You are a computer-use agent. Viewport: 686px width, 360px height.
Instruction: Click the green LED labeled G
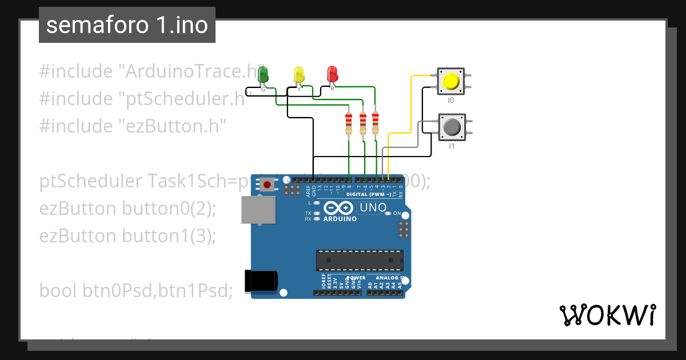coord(263,74)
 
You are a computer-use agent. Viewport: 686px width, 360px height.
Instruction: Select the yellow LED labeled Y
coord(298,75)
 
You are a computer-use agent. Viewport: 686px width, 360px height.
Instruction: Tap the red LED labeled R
coord(332,74)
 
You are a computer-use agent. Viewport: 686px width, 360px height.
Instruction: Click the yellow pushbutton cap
coord(450,81)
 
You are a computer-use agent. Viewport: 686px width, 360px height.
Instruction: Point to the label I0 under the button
coord(450,101)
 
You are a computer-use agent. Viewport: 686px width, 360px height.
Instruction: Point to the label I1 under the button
coord(451,146)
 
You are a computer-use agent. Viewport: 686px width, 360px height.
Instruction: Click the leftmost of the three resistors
coord(349,123)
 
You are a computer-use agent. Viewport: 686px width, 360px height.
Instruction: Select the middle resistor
coord(362,123)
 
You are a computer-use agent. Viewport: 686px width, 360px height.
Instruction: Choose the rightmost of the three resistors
coord(375,123)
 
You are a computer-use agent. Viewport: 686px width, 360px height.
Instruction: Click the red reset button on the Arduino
coord(266,184)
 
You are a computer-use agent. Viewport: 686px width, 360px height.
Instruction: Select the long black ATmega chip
coord(360,260)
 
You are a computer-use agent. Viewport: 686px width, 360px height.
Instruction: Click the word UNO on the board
coord(373,208)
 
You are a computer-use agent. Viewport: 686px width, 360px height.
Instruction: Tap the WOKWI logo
coord(607,315)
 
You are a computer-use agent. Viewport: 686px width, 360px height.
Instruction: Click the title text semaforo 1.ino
coord(127,25)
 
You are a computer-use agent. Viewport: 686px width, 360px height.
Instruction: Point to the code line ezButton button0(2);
coord(127,209)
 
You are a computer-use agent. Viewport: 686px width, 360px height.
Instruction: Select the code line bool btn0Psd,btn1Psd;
coord(136,290)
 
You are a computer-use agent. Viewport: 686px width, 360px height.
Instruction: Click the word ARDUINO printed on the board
coord(340,219)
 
